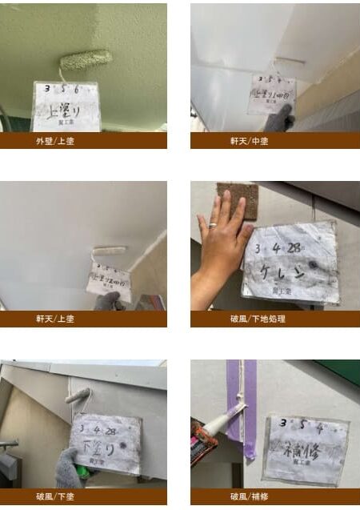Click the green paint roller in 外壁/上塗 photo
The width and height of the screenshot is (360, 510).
coord(86,59)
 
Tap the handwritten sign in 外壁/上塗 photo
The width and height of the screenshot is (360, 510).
coord(66,106)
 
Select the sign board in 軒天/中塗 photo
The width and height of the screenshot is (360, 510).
coord(271,94)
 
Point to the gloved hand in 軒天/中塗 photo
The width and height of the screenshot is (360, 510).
coord(278,120)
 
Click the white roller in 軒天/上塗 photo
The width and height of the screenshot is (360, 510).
coord(110,251)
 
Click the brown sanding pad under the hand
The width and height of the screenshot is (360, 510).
coord(237,198)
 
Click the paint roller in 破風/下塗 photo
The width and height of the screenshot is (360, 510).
coord(78,396)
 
